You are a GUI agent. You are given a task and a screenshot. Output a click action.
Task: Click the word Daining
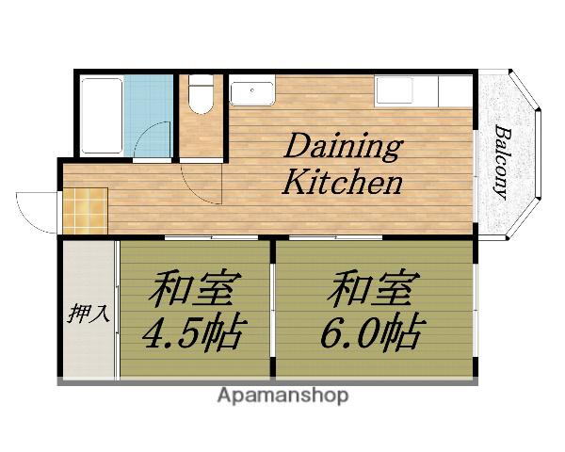pyautogui.click(x=343, y=148)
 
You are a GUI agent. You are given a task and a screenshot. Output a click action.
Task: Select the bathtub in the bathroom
pyautogui.click(x=101, y=115)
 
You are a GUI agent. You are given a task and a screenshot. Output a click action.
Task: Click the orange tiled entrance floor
pyautogui.click(x=86, y=209)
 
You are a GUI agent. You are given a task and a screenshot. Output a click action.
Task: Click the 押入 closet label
pyautogui.click(x=89, y=314)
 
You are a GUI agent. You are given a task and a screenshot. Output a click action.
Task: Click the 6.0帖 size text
pyautogui.click(x=374, y=333)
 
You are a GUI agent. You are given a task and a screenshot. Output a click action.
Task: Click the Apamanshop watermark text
pyautogui.click(x=282, y=395)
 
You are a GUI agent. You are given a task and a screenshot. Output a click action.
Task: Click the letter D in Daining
pyautogui.click(x=298, y=148)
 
